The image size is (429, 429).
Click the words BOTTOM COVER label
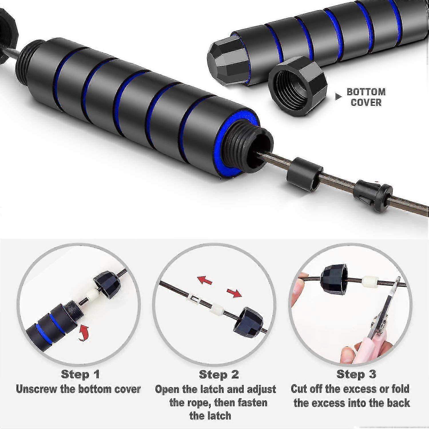(366, 97)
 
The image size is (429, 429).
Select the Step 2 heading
(219, 374)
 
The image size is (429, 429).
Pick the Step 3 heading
(356, 374)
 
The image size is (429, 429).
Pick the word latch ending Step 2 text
(210, 416)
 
